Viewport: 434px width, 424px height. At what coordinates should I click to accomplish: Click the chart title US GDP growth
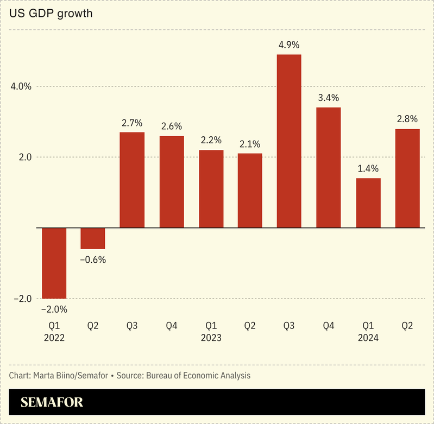tap(51, 14)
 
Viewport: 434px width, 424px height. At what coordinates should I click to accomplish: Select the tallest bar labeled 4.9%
tap(289, 141)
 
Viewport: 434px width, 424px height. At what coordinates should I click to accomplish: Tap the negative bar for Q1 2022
tap(54, 263)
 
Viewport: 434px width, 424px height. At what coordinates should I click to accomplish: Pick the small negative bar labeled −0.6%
tap(93, 238)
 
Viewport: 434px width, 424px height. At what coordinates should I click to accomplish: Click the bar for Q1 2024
tap(368, 202)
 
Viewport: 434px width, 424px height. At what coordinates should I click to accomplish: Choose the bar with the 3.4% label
tap(328, 167)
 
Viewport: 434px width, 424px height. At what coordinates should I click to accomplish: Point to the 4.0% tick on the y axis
tap(21, 86)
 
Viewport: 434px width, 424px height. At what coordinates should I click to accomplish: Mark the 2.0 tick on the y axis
tap(24, 157)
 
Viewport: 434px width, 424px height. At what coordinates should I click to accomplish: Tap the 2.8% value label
tap(407, 119)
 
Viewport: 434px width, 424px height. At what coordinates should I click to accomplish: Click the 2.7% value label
tap(132, 123)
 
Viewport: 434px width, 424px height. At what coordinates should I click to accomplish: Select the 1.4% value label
tap(368, 168)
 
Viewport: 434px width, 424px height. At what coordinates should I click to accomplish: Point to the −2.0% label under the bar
tap(54, 309)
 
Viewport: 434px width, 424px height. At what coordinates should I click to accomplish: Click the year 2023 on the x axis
tap(211, 338)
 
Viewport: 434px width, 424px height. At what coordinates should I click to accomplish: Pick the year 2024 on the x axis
tap(368, 338)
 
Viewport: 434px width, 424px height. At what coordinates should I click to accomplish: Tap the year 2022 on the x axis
tap(54, 338)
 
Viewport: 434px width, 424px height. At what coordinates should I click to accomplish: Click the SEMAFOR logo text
tap(52, 403)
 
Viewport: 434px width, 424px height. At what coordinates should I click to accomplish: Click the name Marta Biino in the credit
tap(54, 375)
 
